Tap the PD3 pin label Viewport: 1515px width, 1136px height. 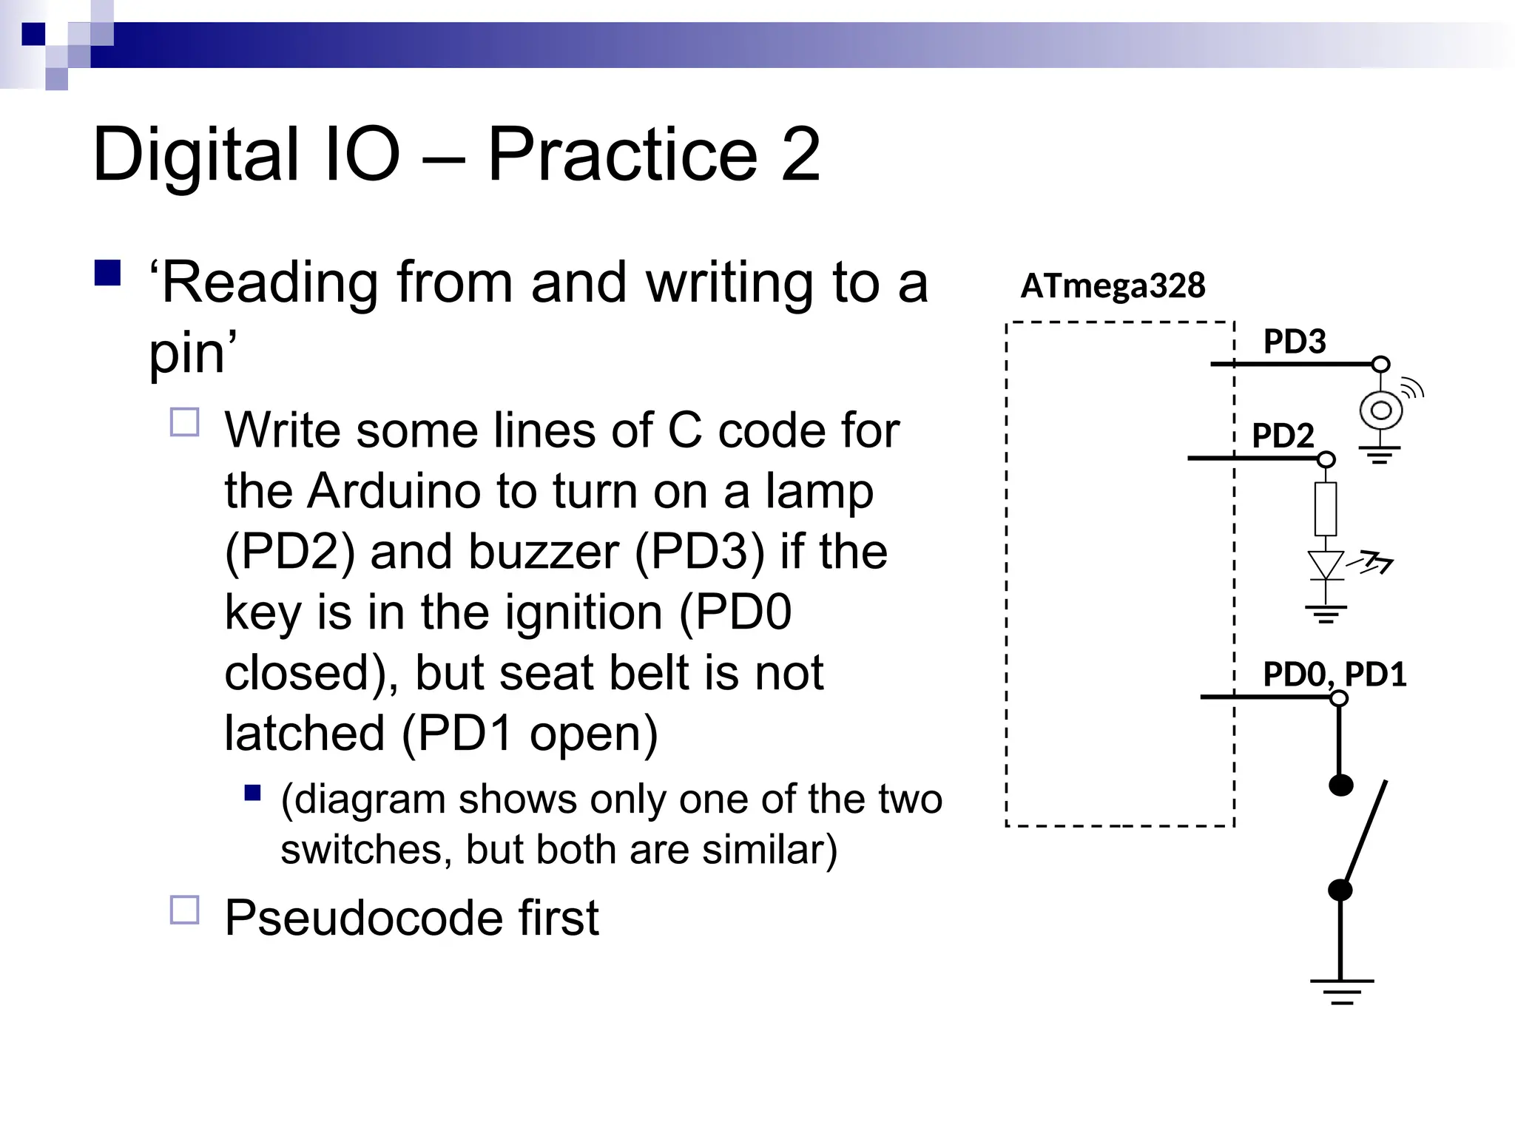(1294, 342)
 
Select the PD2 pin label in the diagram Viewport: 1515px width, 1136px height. (1282, 436)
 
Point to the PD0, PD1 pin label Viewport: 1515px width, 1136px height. (1334, 674)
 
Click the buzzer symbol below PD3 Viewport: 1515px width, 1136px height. (1380, 410)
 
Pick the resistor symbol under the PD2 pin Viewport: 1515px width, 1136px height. (1326, 509)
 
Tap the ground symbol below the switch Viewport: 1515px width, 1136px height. (1341, 991)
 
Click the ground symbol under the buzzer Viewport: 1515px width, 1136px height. (1380, 454)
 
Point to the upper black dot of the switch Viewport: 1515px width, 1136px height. (1340, 785)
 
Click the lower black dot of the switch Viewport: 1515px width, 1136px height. (1340, 890)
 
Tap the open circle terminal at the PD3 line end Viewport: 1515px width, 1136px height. (1380, 364)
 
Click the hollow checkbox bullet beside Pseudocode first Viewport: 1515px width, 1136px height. (185, 910)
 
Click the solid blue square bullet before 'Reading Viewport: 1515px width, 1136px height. (108, 273)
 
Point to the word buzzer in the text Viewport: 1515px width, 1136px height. (493, 552)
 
